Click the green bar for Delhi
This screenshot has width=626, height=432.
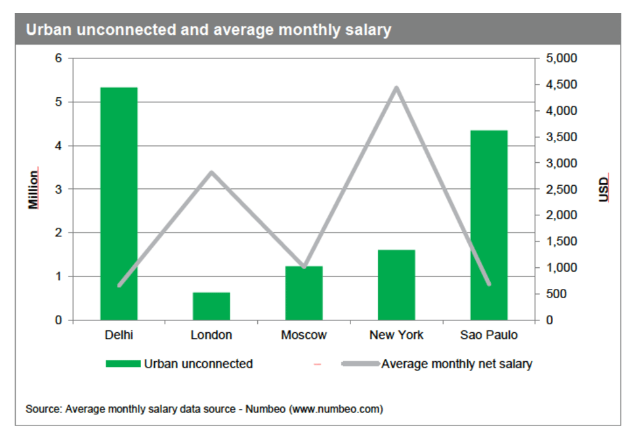(119, 204)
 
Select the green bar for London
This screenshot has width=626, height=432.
(211, 306)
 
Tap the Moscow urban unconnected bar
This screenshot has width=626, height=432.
(304, 293)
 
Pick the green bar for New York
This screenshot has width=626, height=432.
(396, 285)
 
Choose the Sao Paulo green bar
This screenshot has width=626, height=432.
(489, 225)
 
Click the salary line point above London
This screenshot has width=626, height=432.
(211, 173)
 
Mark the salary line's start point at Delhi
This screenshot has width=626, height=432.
(119, 286)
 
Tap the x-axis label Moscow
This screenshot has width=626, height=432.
(304, 335)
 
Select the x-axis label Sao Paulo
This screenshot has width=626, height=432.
(489, 335)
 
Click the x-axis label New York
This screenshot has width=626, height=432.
(396, 335)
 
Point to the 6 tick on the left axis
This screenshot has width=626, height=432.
(58, 58)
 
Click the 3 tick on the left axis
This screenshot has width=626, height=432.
(58, 189)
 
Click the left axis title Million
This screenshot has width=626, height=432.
(33, 189)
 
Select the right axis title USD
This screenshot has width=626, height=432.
(604, 189)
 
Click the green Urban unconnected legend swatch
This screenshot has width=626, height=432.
(123, 364)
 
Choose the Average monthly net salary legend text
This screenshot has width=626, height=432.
(457, 364)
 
